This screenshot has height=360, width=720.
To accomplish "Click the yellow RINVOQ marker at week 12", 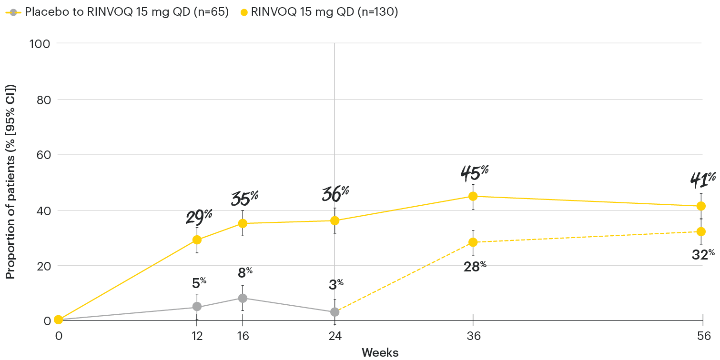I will (196, 240).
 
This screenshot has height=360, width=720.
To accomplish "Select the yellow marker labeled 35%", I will (243, 223).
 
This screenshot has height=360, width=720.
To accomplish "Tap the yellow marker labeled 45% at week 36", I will (473, 196).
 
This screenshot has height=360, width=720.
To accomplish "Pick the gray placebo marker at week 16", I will (243, 298).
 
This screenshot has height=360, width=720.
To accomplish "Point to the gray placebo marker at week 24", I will (335, 312).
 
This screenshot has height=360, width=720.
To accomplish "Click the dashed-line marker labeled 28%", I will (473, 242).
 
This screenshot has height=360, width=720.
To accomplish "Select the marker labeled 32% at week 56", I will (701, 231).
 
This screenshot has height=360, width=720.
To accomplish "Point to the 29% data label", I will (199, 217).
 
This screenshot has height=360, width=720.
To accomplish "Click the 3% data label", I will (336, 285).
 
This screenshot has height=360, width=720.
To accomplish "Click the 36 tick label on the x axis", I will (473, 335).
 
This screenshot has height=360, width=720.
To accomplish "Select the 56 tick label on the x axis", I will (703, 335).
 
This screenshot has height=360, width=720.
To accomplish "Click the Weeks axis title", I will (380, 352).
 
